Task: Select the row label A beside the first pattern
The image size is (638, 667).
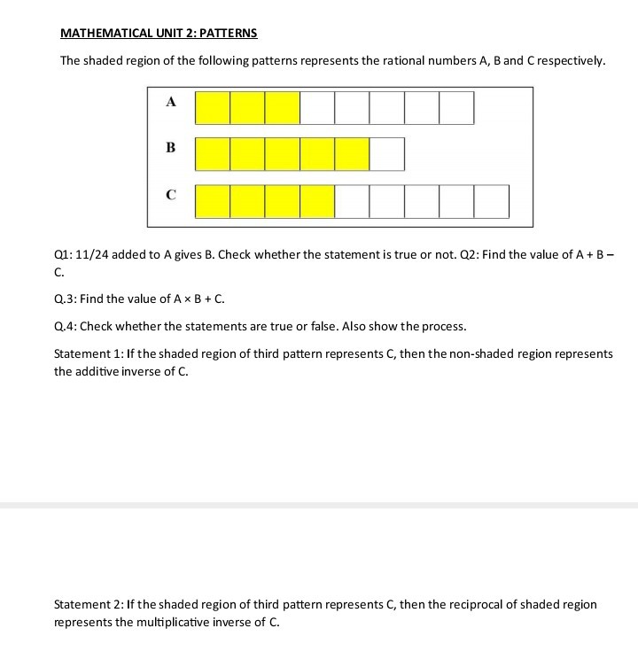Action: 170,102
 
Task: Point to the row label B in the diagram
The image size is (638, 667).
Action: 170,147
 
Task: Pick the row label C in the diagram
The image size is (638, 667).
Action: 170,193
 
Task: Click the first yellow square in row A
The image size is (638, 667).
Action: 213,107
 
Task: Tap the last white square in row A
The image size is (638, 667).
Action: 456,107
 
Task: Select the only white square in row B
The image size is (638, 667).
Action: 387,153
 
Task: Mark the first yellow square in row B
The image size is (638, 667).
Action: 213,153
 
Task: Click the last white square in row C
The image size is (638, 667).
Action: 492,201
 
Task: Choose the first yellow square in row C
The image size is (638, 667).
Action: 213,201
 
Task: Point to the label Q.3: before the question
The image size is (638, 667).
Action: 65,299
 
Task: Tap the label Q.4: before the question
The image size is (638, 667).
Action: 65,327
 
